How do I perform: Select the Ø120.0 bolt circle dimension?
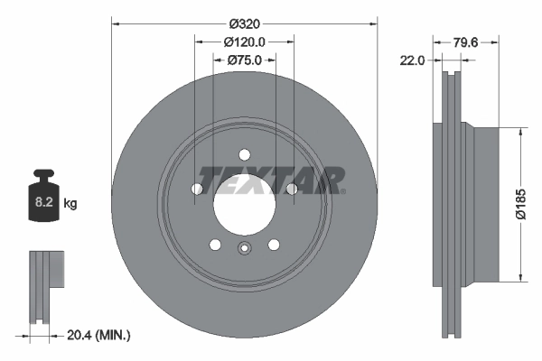pos(243,41)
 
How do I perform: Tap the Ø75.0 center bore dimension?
pos(243,60)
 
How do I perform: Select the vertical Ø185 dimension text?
pos(530,204)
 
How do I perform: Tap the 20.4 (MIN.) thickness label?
pos(98,335)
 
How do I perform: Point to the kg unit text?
pos(70,204)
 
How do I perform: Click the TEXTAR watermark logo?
pos(271,180)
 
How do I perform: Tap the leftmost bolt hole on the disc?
pos(196,189)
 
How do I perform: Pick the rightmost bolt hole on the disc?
pos(291,189)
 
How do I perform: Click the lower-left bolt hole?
pos(214,245)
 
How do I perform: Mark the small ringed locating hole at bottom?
pos(243,250)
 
